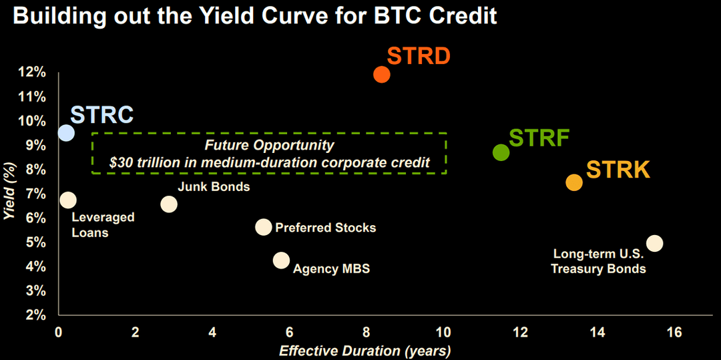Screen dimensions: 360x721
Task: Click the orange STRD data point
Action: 381,74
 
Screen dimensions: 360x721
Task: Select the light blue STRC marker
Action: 66,133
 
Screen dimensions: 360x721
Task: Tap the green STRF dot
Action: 501,152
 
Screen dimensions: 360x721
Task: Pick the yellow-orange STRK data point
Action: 574,182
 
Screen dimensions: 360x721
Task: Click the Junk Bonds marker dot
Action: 169,204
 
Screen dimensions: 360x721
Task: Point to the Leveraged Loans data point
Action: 68,200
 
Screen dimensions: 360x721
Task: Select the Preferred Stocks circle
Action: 264,227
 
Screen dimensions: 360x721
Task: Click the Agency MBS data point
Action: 282,260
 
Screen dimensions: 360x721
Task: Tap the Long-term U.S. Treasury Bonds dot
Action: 654,243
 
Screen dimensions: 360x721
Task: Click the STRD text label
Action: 419,57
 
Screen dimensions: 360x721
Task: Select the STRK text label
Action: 618,170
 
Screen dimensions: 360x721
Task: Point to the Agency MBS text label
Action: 331,269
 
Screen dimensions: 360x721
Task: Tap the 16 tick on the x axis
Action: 674,332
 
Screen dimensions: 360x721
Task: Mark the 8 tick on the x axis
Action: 367,332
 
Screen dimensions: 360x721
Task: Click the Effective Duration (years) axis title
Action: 365,351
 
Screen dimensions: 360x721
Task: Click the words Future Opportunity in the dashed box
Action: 269,145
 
